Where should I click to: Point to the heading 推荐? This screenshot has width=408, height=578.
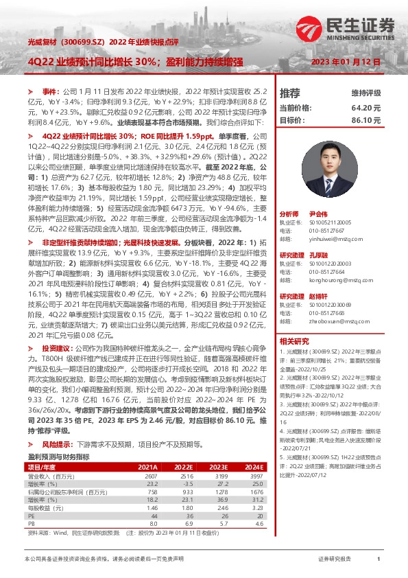[x=290, y=93]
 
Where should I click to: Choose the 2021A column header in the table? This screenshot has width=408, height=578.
[x=148, y=466]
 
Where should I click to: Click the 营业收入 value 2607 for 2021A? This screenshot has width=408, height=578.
[x=151, y=476]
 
